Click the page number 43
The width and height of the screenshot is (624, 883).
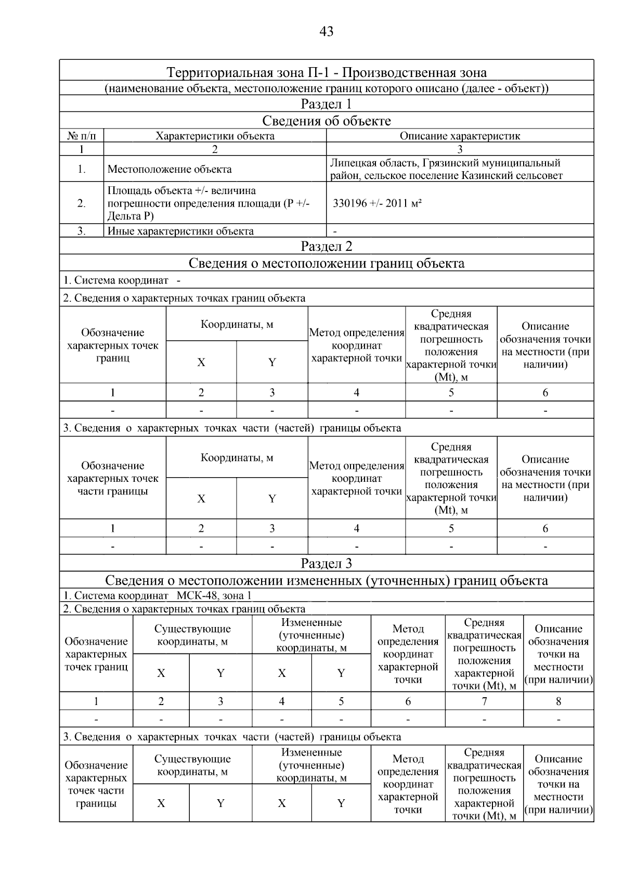pos(326,32)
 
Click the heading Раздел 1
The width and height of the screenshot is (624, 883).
pos(326,104)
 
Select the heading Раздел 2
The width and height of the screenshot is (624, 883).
pos(326,246)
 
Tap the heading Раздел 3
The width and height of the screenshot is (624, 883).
pos(326,563)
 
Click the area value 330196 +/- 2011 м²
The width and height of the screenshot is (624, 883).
pos(377,203)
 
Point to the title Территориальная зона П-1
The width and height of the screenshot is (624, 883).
pos(326,72)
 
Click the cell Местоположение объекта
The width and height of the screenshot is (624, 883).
pos(170,169)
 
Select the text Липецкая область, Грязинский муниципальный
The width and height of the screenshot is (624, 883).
pos(445,163)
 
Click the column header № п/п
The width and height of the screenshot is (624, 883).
pos(82,136)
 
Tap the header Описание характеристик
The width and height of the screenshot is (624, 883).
pos(460,136)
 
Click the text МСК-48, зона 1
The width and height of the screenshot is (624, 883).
pos(214,595)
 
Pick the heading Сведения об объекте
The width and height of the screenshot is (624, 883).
pos(326,121)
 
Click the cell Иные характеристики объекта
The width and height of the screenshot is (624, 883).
pos(180,231)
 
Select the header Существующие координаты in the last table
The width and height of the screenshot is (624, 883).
pos(192,765)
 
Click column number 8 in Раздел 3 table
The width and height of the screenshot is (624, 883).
pos(558,701)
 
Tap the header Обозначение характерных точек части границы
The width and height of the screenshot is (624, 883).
pos(112,478)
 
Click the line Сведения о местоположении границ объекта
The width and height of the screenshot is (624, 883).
pos(326,263)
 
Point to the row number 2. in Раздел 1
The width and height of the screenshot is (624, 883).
pos(82,203)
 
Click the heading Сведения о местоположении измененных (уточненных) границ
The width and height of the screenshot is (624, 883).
pos(326,580)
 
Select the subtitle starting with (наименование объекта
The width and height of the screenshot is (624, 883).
pos(326,88)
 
